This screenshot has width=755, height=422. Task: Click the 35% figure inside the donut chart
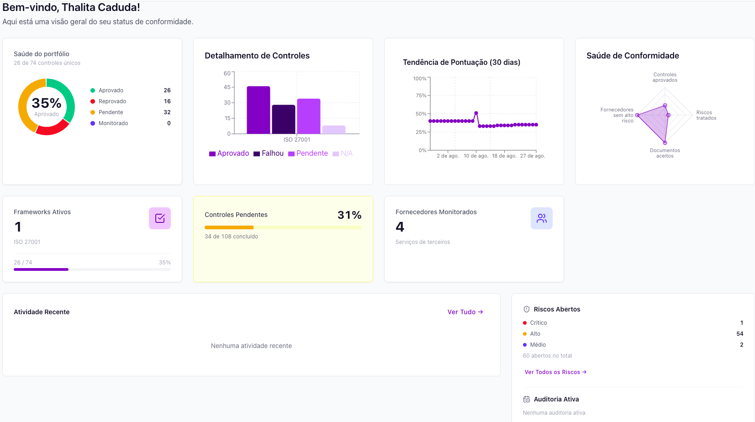pos(47,103)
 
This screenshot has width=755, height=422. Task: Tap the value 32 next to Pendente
pos(167,112)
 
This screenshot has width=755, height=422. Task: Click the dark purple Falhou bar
pos(284,119)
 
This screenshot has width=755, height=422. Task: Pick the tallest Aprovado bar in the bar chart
pos(259,110)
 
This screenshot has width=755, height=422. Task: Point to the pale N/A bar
pos(334,130)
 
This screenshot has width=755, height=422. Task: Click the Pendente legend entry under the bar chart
pos(308,153)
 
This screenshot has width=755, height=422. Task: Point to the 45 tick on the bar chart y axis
pos(227,87)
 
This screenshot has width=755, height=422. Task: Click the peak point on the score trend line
pos(476,113)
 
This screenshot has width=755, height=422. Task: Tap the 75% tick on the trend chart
pos(421,95)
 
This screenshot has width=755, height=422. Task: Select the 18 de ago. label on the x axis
pos(504,156)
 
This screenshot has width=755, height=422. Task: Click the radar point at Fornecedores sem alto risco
pos(637,115)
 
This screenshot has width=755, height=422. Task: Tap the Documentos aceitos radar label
pos(665,153)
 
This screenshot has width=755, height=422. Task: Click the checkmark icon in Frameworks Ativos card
pos(160,218)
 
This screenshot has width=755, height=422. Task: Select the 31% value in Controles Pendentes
pos(349,215)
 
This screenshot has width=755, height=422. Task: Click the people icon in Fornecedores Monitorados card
pos(542,218)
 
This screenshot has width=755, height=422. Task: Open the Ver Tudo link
pos(465,312)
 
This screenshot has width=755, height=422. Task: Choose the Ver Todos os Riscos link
pos(555,372)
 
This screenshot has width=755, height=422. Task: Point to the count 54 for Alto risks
pos(739,334)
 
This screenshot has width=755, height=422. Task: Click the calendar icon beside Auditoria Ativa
pos(527,400)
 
